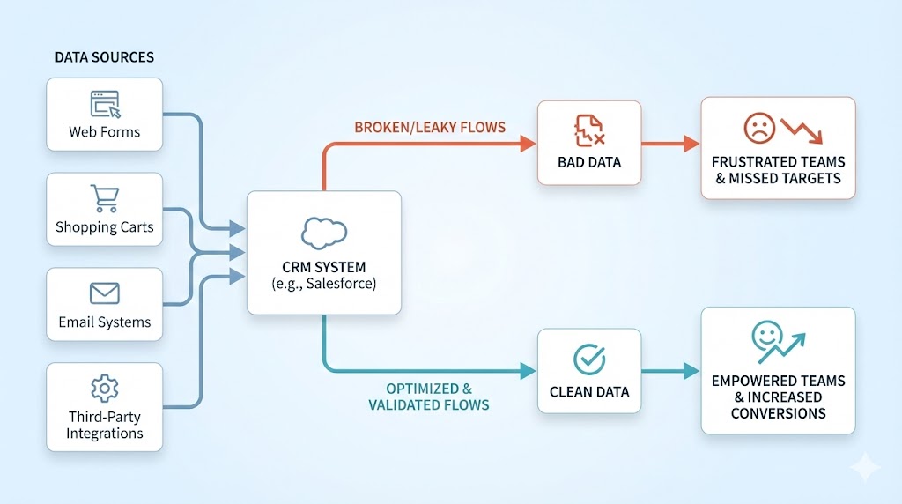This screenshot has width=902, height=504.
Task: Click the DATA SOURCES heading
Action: (x=104, y=57)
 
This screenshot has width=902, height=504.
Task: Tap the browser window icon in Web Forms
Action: (x=105, y=104)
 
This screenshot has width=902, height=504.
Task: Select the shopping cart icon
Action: (x=104, y=198)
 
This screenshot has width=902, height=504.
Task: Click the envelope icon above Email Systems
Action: (x=104, y=293)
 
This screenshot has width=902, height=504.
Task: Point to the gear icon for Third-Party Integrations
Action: (x=104, y=388)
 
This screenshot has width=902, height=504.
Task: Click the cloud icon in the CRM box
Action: (x=323, y=231)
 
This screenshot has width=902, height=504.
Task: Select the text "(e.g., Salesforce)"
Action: (x=323, y=283)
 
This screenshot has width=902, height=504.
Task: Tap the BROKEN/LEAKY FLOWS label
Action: (x=430, y=128)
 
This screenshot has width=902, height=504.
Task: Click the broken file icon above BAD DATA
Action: (x=588, y=130)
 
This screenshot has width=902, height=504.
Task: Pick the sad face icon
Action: (x=758, y=129)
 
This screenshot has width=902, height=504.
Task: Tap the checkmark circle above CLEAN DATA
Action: (x=588, y=359)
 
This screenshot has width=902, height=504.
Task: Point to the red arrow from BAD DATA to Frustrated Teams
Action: (x=670, y=143)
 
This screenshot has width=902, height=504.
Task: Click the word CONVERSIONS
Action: (x=778, y=413)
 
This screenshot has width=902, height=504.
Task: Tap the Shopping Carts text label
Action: (x=104, y=227)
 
